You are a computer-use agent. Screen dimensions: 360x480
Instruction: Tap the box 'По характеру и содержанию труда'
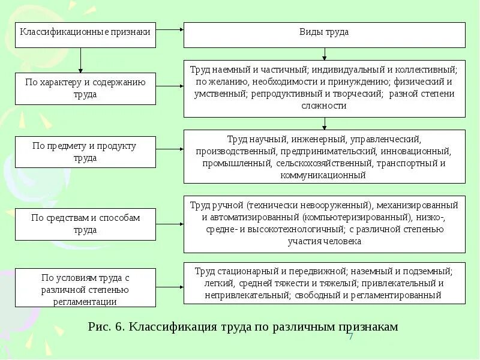86,88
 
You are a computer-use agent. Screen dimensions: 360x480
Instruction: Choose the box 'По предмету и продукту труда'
86,152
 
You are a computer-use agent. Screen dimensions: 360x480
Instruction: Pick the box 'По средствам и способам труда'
86,224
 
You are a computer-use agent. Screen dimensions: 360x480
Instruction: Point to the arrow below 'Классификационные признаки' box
80,60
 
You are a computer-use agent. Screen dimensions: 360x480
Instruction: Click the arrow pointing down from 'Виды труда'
324,54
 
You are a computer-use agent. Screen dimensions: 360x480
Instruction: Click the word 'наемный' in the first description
226,70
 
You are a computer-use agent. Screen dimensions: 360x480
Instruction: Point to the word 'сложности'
324,106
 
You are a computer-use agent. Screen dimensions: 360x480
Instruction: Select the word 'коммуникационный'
324,175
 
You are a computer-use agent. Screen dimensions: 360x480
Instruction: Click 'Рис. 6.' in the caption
106,327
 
